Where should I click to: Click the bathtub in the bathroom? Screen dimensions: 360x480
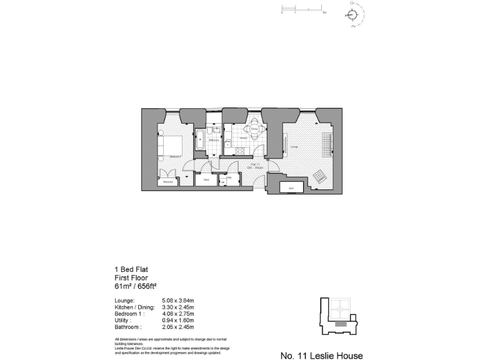coord(200,140)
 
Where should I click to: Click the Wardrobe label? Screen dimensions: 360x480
coord(167,182)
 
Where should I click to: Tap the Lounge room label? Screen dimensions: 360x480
coord(294,147)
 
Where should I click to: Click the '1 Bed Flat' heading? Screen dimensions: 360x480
coord(131,269)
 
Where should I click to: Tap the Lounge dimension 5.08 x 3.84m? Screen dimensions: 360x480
coord(178,301)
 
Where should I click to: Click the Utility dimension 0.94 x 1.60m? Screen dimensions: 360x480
coord(178,320)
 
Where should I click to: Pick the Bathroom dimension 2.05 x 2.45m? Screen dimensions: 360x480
coord(178,327)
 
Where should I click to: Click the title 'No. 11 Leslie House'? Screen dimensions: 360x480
coord(321,355)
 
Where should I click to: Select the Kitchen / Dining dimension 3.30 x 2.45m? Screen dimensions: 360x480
coord(178,307)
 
